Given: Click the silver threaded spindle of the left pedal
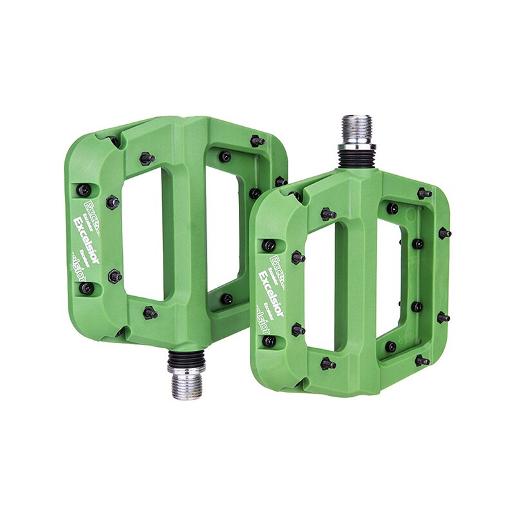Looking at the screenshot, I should point(186,384).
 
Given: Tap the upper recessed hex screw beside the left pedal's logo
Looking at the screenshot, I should point(84,190).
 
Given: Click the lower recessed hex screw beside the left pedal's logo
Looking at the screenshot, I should point(86,288).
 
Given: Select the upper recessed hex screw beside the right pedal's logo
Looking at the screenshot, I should point(269,245).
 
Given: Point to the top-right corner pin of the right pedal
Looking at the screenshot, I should point(424,192).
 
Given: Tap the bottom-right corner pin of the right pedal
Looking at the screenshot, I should point(422,360).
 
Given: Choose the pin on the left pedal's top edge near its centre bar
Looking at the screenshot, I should point(147,158).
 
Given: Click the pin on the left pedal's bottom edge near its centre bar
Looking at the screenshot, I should point(150,314).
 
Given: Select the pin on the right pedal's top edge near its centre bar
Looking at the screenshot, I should point(328,214).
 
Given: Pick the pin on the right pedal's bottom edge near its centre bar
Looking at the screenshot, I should point(328,364).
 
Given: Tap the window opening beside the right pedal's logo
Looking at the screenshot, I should point(320,290).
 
